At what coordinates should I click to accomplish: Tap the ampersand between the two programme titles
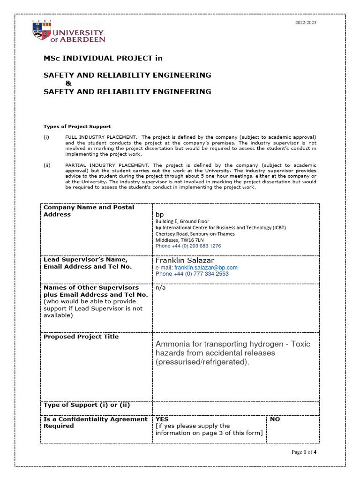[68, 83]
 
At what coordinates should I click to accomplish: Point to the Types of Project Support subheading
[77, 127]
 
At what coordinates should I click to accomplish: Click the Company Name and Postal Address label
[89, 210]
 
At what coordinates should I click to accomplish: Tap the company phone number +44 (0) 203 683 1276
[188, 246]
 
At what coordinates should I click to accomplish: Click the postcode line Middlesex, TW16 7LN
[182, 240]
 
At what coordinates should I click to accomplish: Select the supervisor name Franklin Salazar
[185, 260]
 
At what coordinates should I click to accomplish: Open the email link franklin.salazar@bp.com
[206, 268]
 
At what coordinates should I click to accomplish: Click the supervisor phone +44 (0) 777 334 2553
[192, 274]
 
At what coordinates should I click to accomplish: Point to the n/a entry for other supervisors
[160, 287]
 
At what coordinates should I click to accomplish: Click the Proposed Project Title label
[81, 337]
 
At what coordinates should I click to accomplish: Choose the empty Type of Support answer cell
[235, 407]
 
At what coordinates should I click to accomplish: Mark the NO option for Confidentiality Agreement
[275, 419]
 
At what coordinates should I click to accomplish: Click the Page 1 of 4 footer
[304, 452]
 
